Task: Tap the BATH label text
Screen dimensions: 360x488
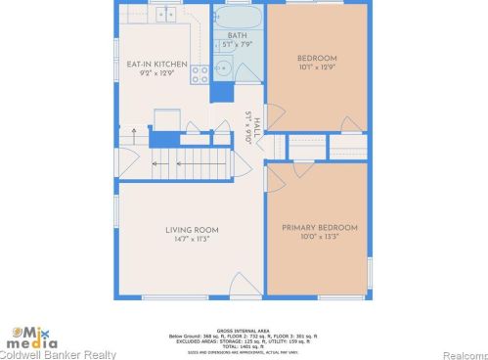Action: coord(238,34)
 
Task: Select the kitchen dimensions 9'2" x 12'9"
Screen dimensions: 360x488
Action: coord(156,72)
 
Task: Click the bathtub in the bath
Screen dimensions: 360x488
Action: coord(238,17)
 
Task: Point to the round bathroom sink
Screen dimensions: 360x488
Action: coord(222,68)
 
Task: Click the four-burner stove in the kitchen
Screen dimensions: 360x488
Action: coord(200,73)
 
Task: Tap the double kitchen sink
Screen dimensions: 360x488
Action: coord(167,14)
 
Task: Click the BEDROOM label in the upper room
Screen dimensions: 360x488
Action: coord(317,58)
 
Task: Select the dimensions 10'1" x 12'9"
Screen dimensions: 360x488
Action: coord(317,67)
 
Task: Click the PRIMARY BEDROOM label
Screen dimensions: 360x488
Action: coord(320,228)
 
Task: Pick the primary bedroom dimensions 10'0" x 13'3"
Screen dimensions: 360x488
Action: coord(320,238)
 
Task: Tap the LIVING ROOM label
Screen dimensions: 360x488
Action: coord(188,229)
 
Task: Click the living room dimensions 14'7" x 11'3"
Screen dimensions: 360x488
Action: coord(188,239)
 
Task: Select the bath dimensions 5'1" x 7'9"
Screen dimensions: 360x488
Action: coord(238,44)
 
